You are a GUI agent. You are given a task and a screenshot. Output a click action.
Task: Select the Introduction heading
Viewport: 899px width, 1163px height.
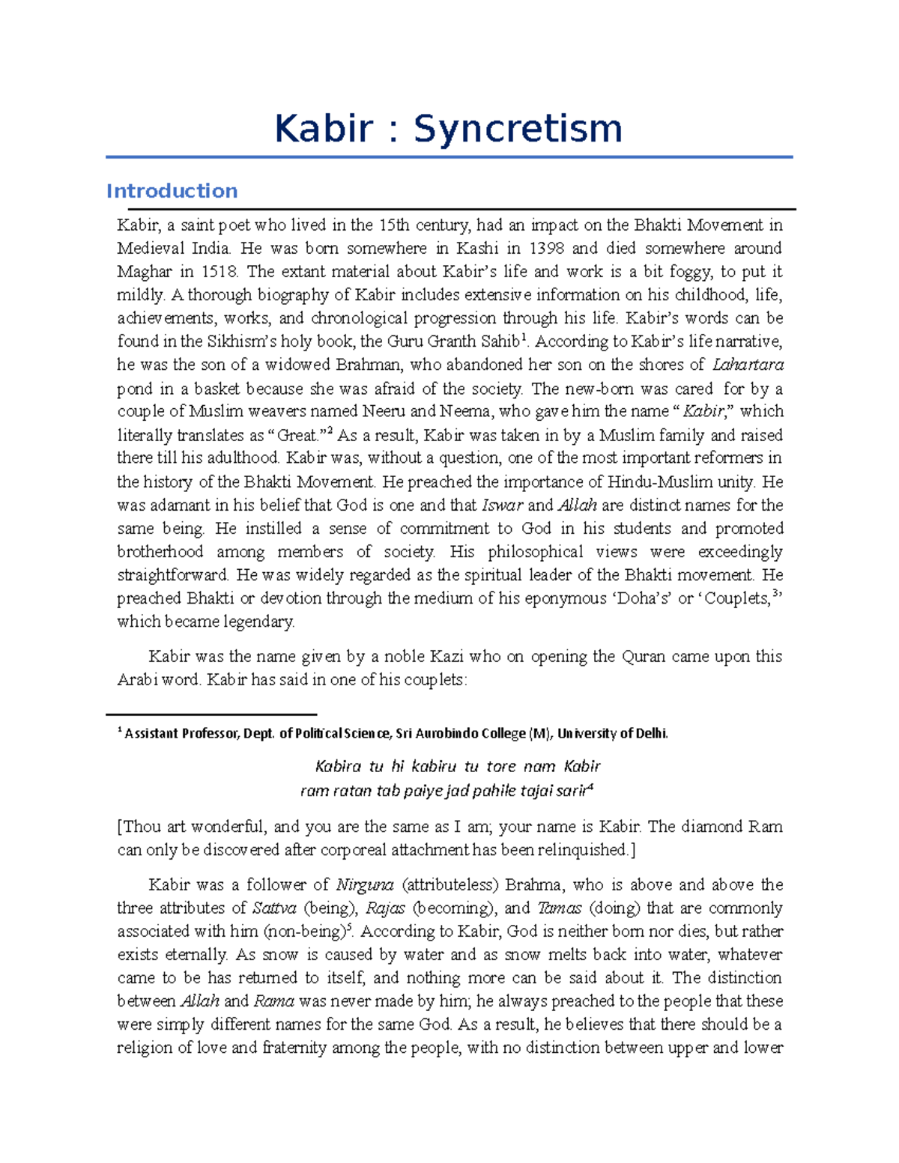coord(172,191)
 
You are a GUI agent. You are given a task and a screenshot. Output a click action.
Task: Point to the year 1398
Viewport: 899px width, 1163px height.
coord(548,248)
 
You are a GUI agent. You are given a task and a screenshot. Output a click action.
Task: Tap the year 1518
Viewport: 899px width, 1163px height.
coord(218,271)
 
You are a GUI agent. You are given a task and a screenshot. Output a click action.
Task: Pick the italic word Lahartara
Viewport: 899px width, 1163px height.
coord(747,365)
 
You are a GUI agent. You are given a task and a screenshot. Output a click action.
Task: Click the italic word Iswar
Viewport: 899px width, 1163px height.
coord(501,505)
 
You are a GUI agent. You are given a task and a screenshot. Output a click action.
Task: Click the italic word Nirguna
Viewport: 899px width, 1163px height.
coord(364,884)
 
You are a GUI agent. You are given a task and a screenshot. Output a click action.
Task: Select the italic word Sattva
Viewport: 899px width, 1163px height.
coord(274,908)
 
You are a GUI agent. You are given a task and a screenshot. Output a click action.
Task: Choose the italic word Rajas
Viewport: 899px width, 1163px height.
coord(385,908)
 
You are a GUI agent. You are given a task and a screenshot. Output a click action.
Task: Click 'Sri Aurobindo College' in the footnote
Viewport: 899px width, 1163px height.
coord(460,734)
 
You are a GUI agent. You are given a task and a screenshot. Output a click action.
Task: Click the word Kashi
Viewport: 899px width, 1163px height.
coord(477,248)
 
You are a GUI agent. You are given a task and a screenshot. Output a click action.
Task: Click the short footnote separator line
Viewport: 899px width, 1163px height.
coord(211,714)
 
